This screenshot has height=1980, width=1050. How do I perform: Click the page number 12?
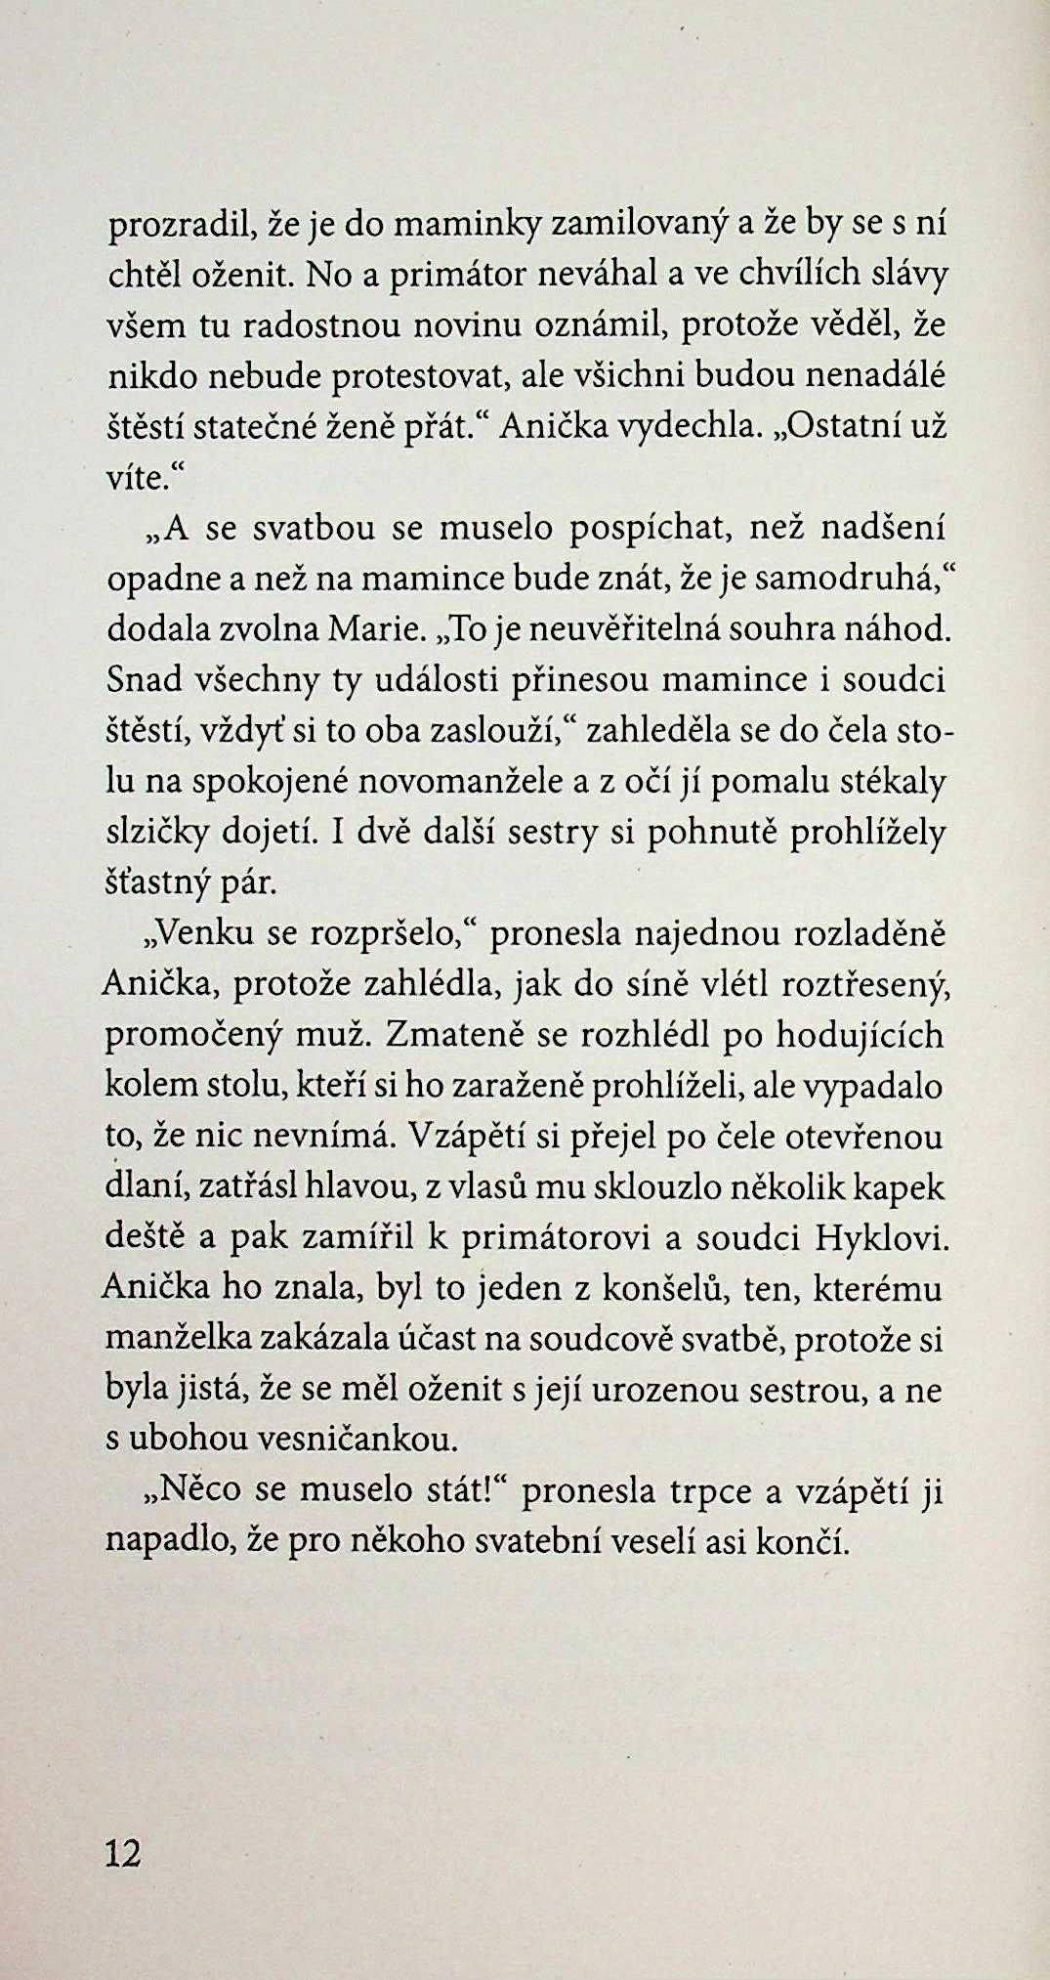point(123,1852)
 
